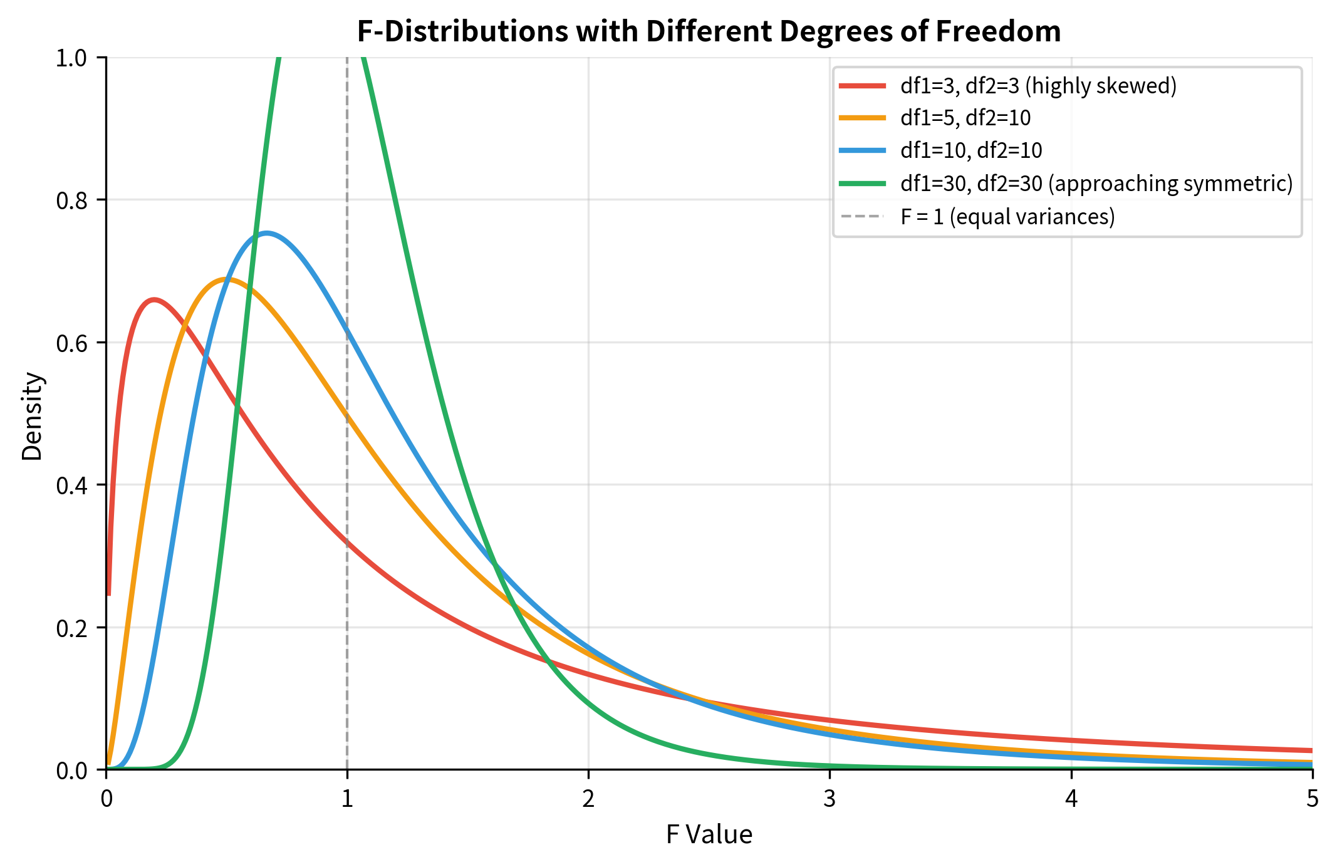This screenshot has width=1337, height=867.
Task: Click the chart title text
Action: pyautogui.click(x=709, y=31)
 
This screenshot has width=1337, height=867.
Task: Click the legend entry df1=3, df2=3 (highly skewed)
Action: pyautogui.click(x=1038, y=86)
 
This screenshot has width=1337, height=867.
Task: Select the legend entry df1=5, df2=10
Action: pyautogui.click(x=965, y=118)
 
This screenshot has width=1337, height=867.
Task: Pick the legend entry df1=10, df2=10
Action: pyautogui.click(x=971, y=150)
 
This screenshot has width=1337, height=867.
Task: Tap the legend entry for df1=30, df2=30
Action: pyautogui.click(x=1096, y=184)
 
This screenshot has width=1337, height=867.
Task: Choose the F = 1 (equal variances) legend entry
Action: pyautogui.click(x=1007, y=217)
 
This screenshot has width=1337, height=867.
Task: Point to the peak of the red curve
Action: pyautogui.click(x=154, y=299)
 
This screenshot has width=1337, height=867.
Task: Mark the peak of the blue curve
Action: pyautogui.click(x=267, y=234)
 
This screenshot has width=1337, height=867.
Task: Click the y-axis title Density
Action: pyautogui.click(x=32, y=417)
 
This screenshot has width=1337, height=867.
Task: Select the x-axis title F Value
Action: pyautogui.click(x=709, y=835)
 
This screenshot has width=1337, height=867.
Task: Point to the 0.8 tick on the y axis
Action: pyautogui.click(x=73, y=200)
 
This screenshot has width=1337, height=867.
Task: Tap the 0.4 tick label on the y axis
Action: pyautogui.click(x=73, y=485)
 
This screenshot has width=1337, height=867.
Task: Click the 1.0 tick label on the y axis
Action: pyautogui.click(x=73, y=58)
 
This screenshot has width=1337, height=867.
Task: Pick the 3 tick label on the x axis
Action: pyautogui.click(x=830, y=799)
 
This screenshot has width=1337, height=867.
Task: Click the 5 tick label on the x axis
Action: pyautogui.click(x=1312, y=799)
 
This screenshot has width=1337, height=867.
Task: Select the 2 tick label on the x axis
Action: pyautogui.click(x=588, y=799)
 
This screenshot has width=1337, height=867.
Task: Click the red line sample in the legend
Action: pyautogui.click(x=862, y=86)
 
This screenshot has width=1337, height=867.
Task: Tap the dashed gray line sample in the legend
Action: pyautogui.click(x=862, y=217)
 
